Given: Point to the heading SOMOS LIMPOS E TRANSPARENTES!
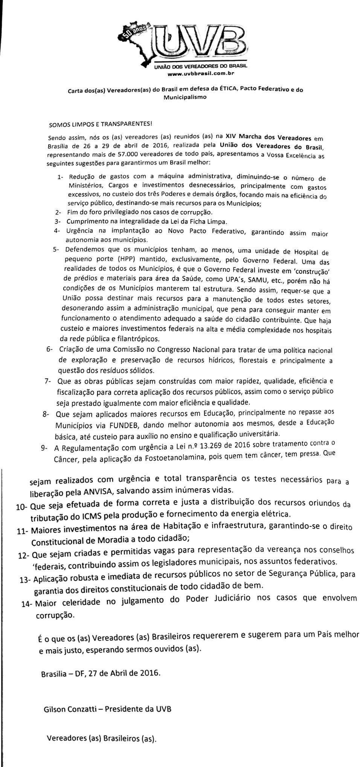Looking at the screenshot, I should (x=100, y=124).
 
